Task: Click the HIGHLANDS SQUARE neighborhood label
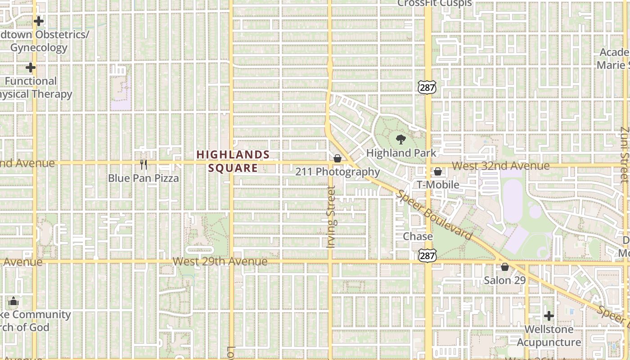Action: tap(233, 162)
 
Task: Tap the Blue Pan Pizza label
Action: tap(143, 178)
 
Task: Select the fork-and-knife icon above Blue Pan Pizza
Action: tap(144, 165)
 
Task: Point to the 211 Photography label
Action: tap(337, 172)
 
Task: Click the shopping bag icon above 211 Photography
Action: tap(337, 158)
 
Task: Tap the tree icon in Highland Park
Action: tap(400, 139)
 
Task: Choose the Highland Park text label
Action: tap(401, 153)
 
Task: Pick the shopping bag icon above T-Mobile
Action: tap(438, 171)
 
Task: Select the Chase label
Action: tap(418, 237)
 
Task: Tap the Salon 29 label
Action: tap(504, 280)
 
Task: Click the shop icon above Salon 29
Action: tap(505, 267)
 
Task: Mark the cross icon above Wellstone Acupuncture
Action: tap(549, 315)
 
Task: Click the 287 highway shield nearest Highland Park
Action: tap(427, 87)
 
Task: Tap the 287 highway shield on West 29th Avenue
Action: tap(427, 256)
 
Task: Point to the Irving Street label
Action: tap(332, 217)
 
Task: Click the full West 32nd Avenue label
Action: tap(500, 166)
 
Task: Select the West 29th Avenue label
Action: tap(220, 261)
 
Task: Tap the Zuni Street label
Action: tap(624, 154)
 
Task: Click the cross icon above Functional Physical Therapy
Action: tap(31, 68)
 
